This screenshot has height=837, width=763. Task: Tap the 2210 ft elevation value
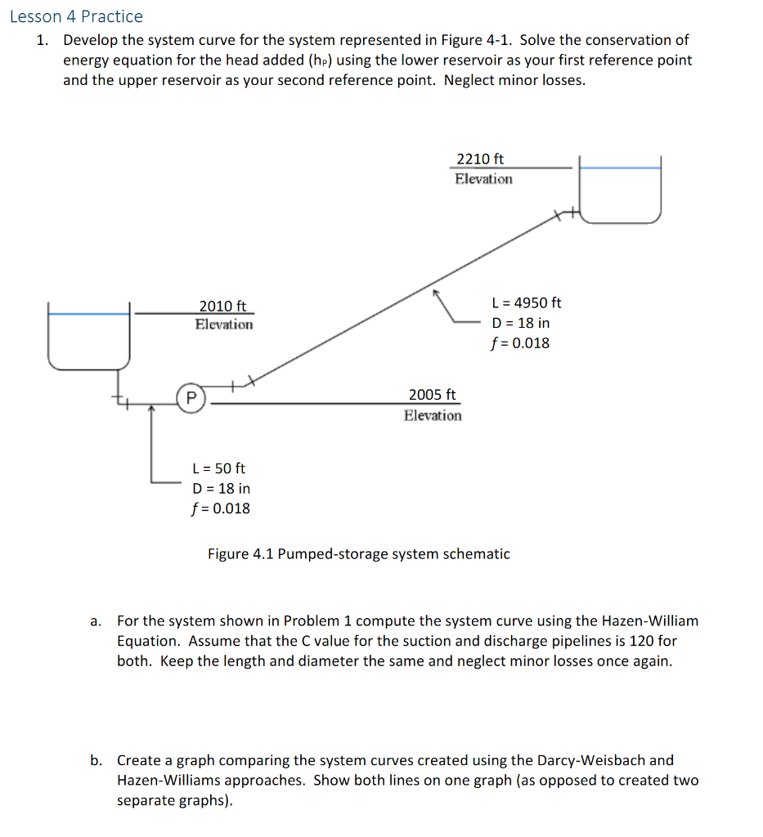click(x=480, y=159)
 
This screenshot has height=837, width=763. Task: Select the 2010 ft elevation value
click(x=222, y=306)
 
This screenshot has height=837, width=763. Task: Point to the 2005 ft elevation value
click(x=433, y=394)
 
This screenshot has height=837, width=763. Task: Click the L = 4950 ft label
click(x=527, y=302)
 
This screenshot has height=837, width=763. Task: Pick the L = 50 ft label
click(x=218, y=468)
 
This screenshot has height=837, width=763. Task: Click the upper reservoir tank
click(x=620, y=190)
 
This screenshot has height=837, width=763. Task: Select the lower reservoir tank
click(x=88, y=336)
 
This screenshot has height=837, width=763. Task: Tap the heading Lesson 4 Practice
click(x=77, y=16)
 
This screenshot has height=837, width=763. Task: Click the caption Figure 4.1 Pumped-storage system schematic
click(x=358, y=554)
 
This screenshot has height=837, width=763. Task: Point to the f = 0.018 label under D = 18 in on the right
click(x=520, y=342)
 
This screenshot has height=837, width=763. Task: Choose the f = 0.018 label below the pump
click(x=221, y=508)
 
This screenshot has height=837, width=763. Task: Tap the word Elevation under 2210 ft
click(x=484, y=179)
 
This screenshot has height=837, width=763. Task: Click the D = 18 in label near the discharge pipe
click(x=520, y=323)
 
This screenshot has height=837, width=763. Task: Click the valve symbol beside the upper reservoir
click(x=563, y=215)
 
